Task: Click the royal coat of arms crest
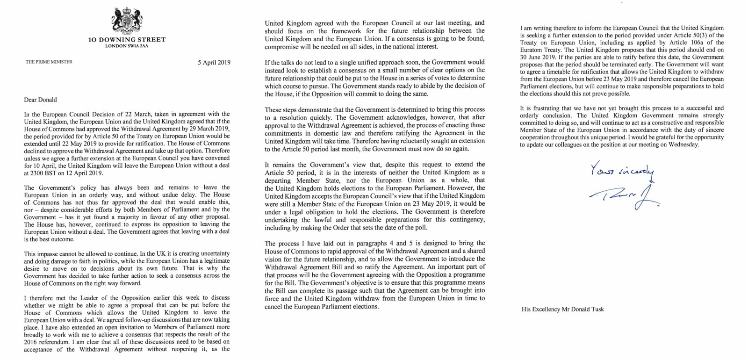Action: [x=127, y=20]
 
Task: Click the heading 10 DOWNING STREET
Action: [x=127, y=40]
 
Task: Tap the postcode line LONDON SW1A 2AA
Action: [x=127, y=46]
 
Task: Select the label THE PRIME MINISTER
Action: [x=49, y=62]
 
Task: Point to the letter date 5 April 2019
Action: [x=214, y=62]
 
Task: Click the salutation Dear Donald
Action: [x=41, y=100]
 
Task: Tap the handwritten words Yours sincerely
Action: [x=622, y=170]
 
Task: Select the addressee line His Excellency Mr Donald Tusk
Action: [x=562, y=309]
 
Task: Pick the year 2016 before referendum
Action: [x=31, y=342]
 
